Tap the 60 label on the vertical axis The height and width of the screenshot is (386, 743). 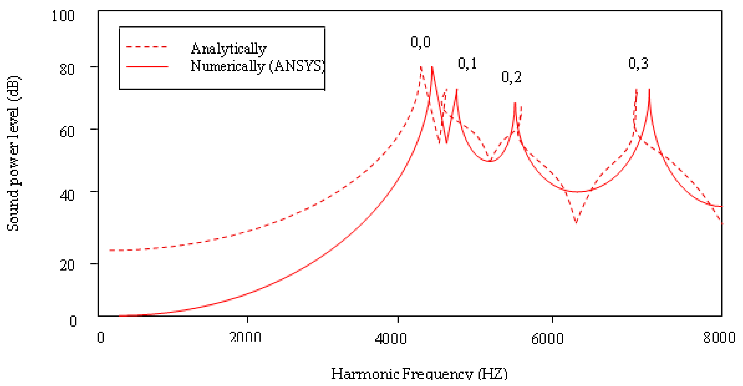point(67,132)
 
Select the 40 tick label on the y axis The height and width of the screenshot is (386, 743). point(67,195)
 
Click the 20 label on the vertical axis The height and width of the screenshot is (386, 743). point(67,265)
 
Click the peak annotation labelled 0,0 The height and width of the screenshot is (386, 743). point(420,43)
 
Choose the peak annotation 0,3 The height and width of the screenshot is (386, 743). point(638,64)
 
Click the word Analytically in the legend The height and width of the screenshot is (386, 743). point(228,49)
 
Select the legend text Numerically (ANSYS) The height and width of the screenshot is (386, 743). point(258,66)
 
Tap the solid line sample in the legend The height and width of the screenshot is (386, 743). point(147,67)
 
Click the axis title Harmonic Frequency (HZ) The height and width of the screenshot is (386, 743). point(419,374)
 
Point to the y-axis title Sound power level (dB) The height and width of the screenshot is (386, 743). point(13,153)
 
